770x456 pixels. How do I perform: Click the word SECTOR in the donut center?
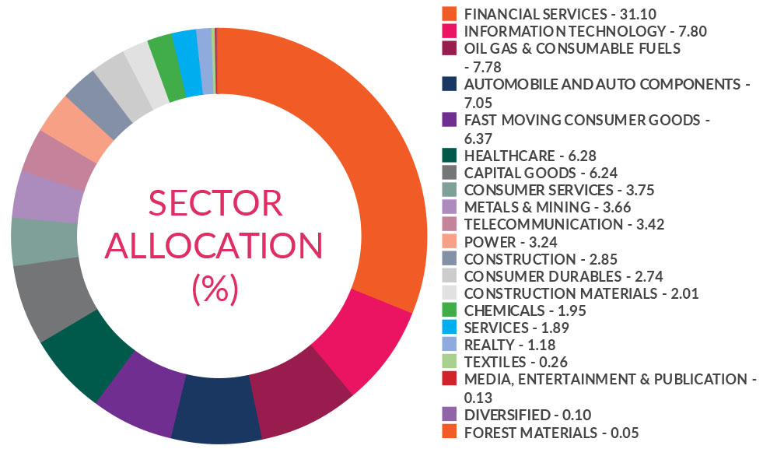click(x=215, y=203)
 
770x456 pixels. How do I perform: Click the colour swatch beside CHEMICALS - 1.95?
click(x=448, y=310)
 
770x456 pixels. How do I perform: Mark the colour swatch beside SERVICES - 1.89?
click(x=448, y=327)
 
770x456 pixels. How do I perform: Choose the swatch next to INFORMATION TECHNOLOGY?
click(x=448, y=31)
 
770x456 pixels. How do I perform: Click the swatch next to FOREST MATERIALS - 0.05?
click(x=448, y=432)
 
